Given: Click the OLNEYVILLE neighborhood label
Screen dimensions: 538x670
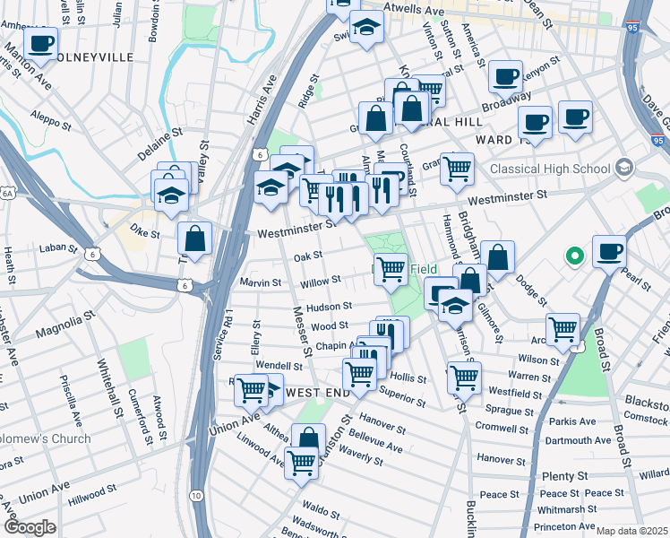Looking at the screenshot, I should [x=92, y=56].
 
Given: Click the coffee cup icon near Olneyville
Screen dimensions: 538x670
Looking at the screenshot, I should [x=40, y=42].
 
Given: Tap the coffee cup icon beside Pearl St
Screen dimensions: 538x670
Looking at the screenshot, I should [x=609, y=250].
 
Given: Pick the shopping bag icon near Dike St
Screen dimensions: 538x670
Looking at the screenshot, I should [x=194, y=239].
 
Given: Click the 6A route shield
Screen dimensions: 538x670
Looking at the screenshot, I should [x=8, y=192].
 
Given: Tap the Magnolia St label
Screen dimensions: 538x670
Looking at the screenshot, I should [x=65, y=326].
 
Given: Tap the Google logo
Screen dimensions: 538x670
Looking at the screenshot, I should [x=30, y=527].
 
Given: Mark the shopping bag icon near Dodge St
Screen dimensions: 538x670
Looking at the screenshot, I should [x=497, y=256].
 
